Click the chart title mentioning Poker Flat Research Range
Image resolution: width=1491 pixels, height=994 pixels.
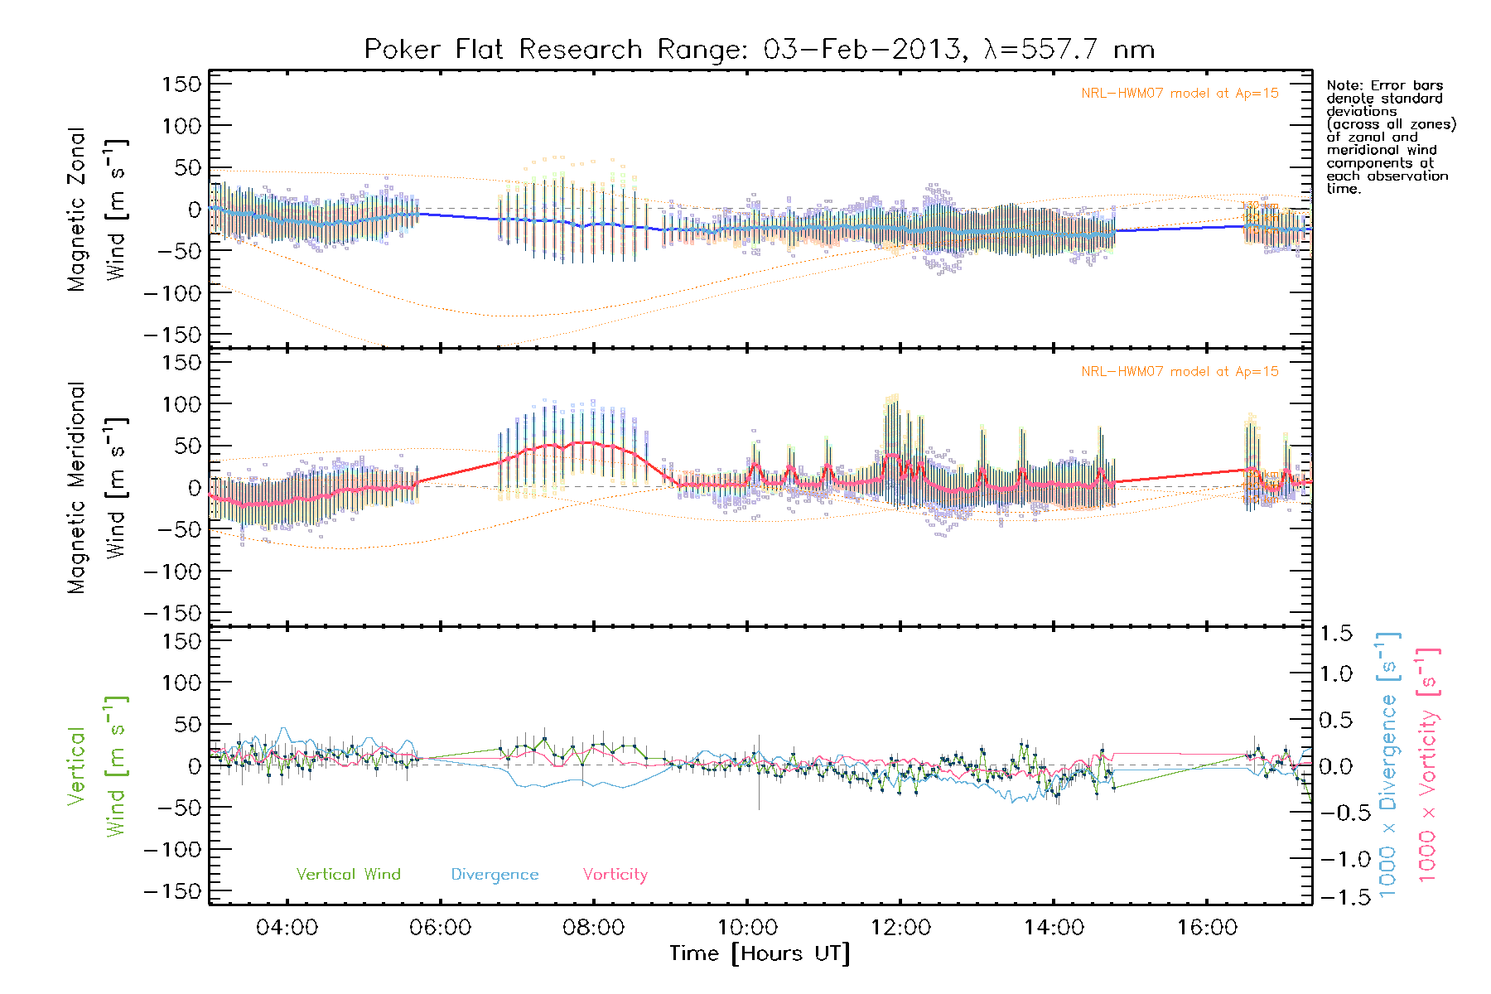[x=759, y=50]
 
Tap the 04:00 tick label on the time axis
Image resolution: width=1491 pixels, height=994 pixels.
[x=287, y=928]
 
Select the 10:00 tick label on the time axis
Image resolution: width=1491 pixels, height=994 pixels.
[x=747, y=928]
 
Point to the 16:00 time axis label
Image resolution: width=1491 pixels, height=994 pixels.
[x=1207, y=928]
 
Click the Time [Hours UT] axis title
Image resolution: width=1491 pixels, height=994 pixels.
[x=760, y=954]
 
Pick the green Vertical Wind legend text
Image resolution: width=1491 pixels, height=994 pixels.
[x=348, y=875]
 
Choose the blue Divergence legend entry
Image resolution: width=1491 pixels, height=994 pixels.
[x=495, y=875]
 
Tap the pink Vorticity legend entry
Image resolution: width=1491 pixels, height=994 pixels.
[x=615, y=875]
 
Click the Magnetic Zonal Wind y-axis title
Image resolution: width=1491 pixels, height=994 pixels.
[x=96, y=210]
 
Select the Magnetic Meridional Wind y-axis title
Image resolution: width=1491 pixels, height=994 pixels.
[x=96, y=488]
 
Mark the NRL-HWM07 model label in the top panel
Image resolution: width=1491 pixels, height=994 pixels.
[x=1180, y=94]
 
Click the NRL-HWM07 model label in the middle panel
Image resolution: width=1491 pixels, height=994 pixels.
[x=1180, y=372]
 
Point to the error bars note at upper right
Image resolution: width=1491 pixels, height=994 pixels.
[x=1390, y=137]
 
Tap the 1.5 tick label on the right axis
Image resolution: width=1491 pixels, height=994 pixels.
[x=1335, y=634]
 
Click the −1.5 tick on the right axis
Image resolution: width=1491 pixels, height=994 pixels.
[x=1335, y=897]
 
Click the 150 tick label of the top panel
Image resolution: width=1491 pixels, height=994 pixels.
[x=181, y=84]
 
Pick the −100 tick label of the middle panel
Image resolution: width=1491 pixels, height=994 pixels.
[x=172, y=572]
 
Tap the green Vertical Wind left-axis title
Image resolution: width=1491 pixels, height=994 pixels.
[x=96, y=766]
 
